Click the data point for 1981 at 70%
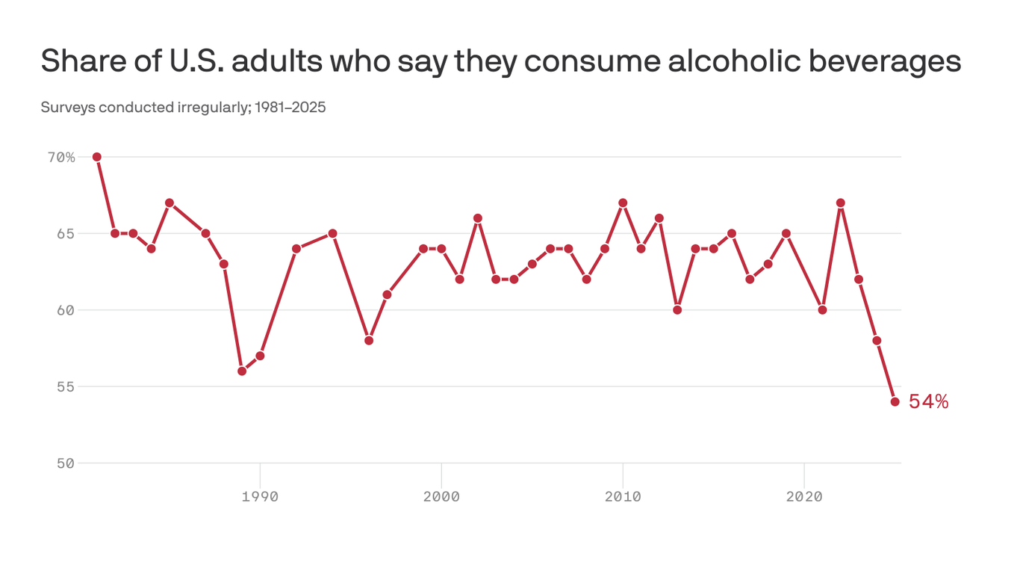click(97, 157)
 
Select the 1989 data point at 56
click(242, 371)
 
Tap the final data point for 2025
click(895, 401)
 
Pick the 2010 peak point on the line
click(623, 203)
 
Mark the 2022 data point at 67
click(841, 203)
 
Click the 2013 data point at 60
click(677, 310)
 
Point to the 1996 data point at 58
click(369, 341)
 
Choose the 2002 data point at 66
click(478, 218)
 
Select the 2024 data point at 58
click(877, 341)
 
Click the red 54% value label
click(928, 401)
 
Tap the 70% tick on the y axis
click(61, 157)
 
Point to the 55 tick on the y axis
click(66, 386)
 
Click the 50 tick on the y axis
click(66, 463)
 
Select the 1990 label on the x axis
click(260, 496)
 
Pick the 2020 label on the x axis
click(804, 496)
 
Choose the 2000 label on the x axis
click(441, 496)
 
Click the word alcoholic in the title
click(734, 61)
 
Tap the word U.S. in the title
click(196, 61)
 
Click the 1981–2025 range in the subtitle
click(290, 108)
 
